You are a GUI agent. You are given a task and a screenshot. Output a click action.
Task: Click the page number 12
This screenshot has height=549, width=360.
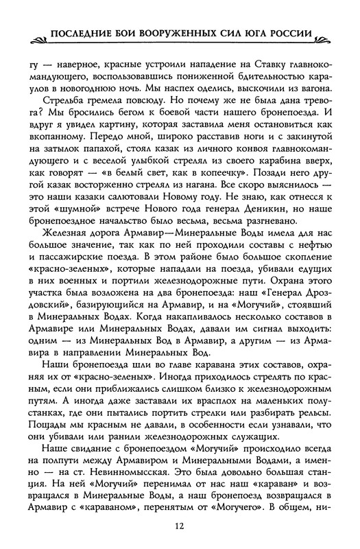pyautogui.click(x=180, y=526)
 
